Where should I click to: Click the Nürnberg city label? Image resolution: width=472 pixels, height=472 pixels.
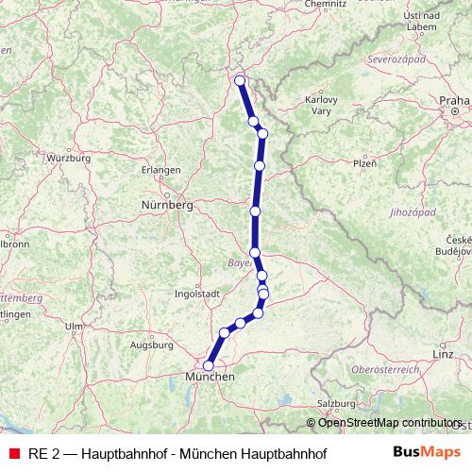166,204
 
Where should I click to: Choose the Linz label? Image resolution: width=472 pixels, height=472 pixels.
444,353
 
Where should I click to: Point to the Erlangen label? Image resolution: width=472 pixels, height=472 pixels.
160,170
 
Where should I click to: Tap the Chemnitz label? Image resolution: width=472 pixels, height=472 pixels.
326,5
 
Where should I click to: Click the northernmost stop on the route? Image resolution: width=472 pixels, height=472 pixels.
240,80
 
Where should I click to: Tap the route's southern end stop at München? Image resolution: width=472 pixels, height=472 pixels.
209,365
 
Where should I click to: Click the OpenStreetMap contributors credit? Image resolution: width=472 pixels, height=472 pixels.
390,423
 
